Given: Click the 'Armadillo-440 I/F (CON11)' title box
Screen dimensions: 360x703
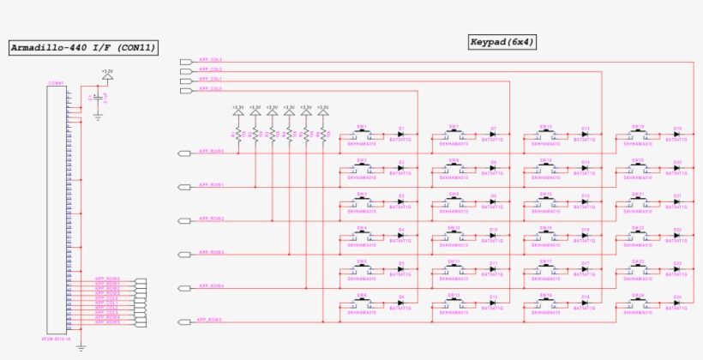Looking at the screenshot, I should tap(83, 48).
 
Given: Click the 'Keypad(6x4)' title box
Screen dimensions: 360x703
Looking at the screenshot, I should tap(502, 41).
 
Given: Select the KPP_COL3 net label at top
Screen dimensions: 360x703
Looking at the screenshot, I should tap(210, 60).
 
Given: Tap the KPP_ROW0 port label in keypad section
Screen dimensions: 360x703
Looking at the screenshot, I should tap(212, 151).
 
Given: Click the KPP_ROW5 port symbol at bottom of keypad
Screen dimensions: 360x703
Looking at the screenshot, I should tap(184, 322).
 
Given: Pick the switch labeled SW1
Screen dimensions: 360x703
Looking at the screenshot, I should tap(362, 135).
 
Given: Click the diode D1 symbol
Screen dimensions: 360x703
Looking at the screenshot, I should tap(401, 135).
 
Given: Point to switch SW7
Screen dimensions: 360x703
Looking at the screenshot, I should tap(454, 135).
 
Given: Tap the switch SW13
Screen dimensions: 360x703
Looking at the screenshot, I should tap(545, 135).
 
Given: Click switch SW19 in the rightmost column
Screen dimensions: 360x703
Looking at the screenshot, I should tap(638, 135).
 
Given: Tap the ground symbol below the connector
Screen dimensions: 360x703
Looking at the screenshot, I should tap(81, 346).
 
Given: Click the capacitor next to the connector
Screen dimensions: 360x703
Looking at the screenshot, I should tap(98, 99).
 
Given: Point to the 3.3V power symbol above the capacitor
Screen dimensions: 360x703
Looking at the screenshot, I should tap(106, 77).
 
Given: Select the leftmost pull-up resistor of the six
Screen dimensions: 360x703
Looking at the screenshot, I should tap(237, 133).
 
